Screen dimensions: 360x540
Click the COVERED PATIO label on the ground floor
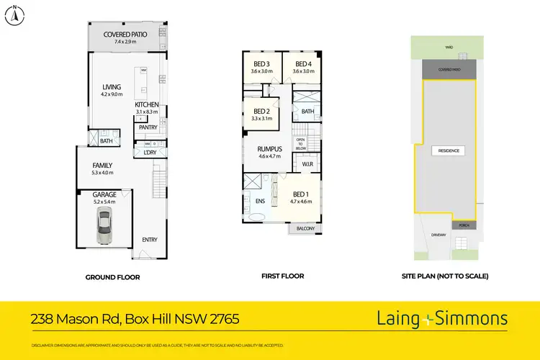125,35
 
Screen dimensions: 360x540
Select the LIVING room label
111,87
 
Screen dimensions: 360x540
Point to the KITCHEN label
146,104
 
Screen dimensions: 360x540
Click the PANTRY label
147,127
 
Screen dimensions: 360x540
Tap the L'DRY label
150,153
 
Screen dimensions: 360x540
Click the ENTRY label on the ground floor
150,240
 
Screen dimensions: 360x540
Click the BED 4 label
302,63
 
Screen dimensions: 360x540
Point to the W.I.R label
307,165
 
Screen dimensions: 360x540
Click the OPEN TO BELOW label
301,143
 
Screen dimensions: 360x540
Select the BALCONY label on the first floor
306,229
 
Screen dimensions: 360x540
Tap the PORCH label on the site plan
464,225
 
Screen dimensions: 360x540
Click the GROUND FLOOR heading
112,277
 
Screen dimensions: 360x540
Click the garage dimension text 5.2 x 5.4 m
104,202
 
